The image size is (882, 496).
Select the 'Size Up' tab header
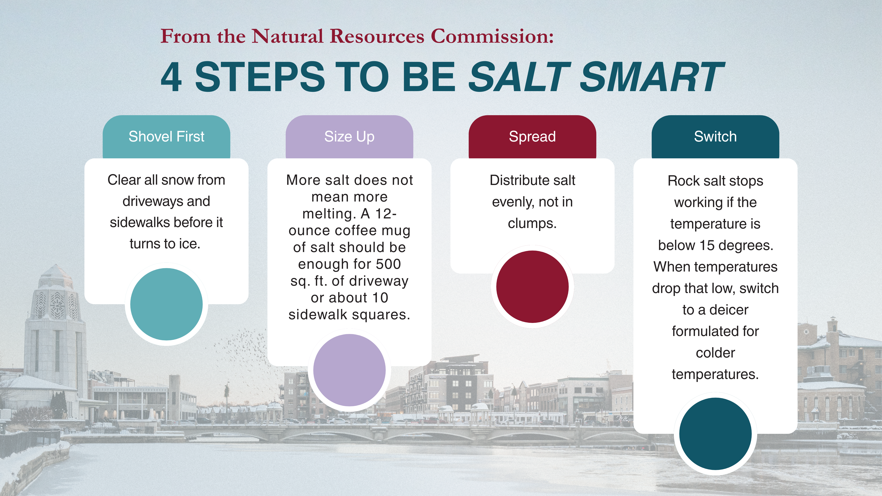[349, 136]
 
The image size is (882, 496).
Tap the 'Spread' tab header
[532, 136]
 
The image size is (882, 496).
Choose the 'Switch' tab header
[715, 136]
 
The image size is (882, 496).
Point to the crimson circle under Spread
[532, 287]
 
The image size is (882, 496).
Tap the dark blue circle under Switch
[715, 434]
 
